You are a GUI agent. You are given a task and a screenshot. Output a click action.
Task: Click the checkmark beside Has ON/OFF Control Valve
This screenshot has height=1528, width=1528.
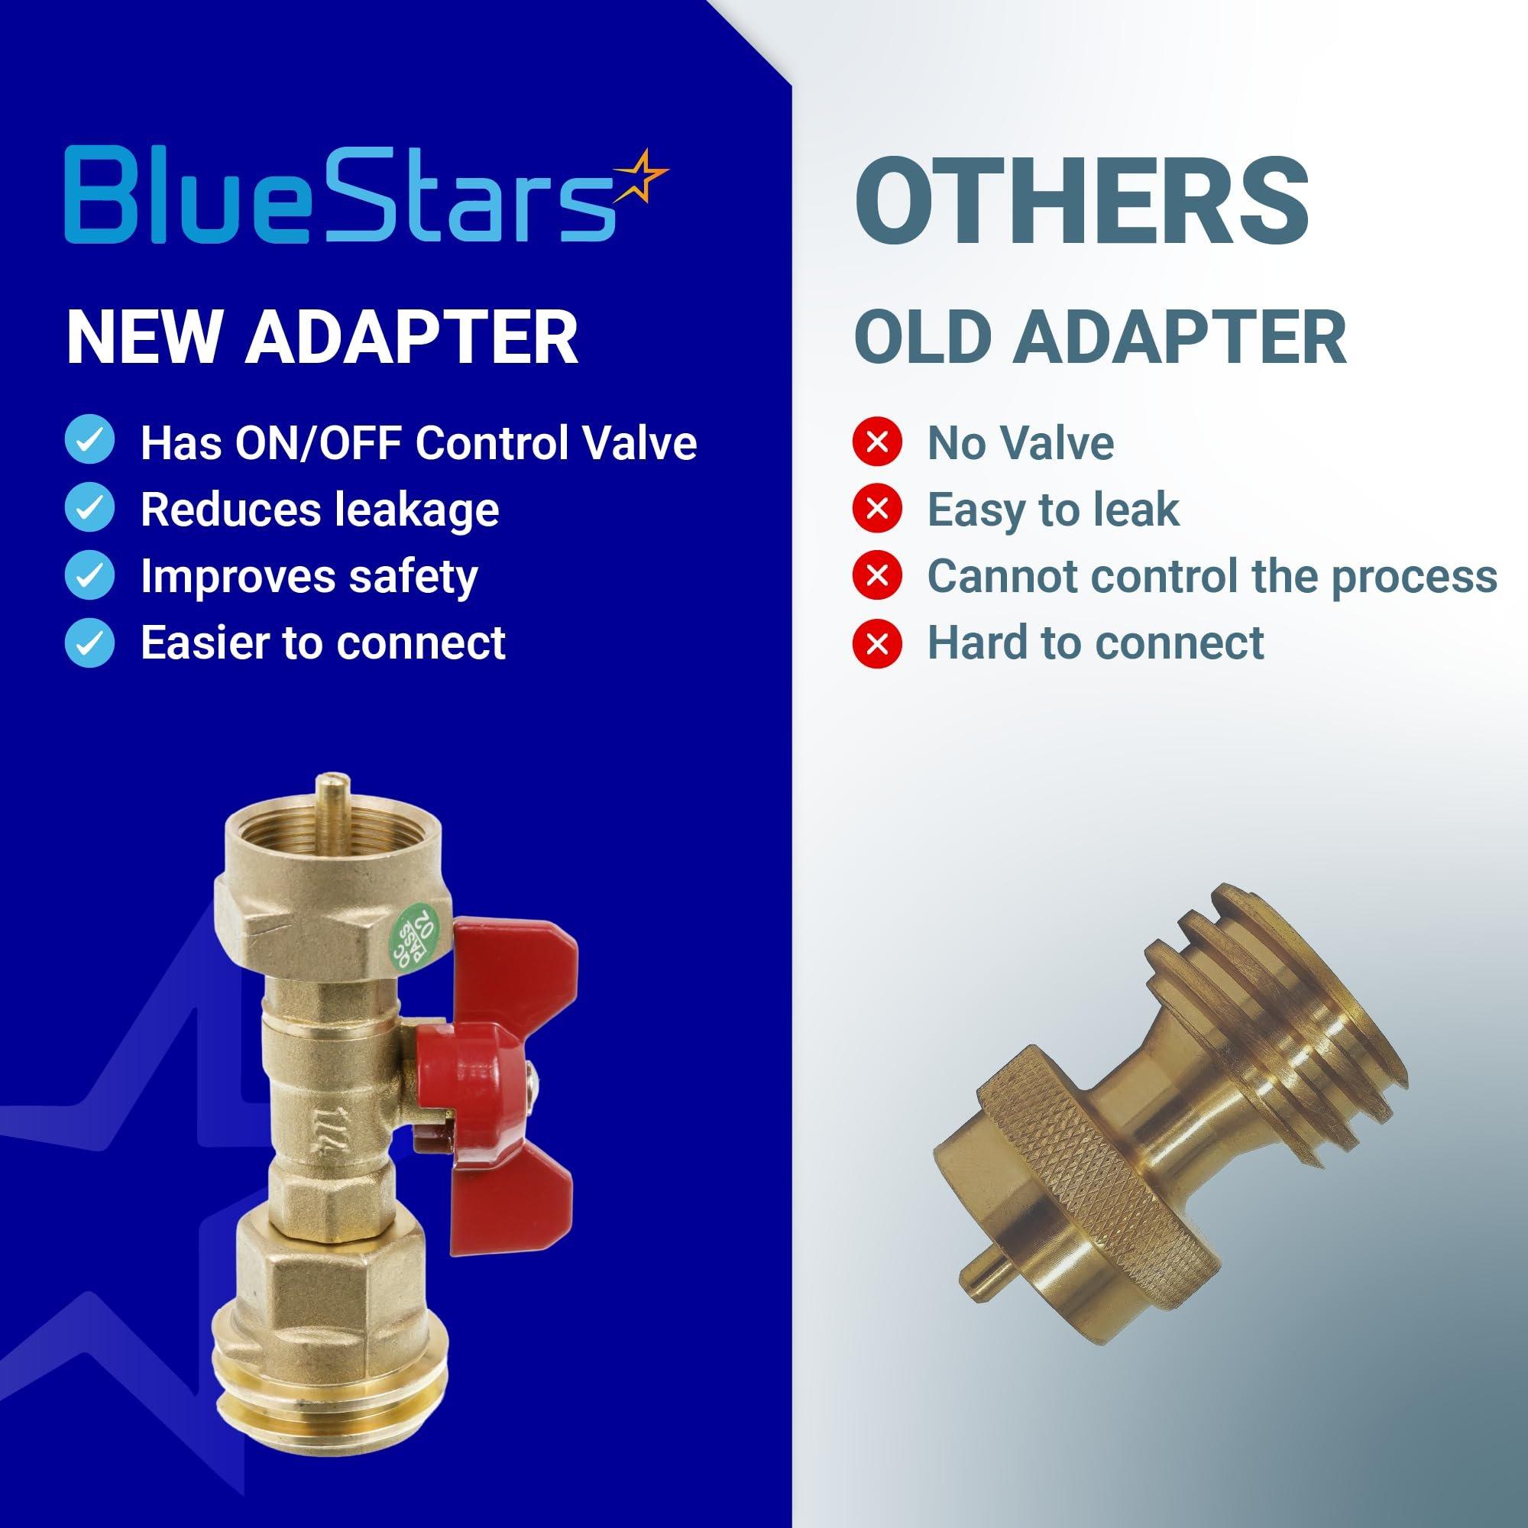[89, 442]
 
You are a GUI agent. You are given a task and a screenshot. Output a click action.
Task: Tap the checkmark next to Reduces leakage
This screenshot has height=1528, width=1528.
[89, 509]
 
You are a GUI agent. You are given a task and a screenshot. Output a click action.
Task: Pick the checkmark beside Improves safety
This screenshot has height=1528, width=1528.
[89, 575]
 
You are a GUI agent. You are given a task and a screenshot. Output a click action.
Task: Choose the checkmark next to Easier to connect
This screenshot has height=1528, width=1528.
[89, 642]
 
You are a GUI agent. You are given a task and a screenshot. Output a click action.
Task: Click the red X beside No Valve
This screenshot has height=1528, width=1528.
[877, 442]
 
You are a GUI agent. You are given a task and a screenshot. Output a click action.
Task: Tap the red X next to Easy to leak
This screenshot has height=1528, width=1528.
[877, 509]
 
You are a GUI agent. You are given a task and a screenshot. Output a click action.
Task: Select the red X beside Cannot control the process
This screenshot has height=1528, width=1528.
[877, 575]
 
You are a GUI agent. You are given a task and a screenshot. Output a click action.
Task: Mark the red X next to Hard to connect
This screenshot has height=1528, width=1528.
[877, 642]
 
